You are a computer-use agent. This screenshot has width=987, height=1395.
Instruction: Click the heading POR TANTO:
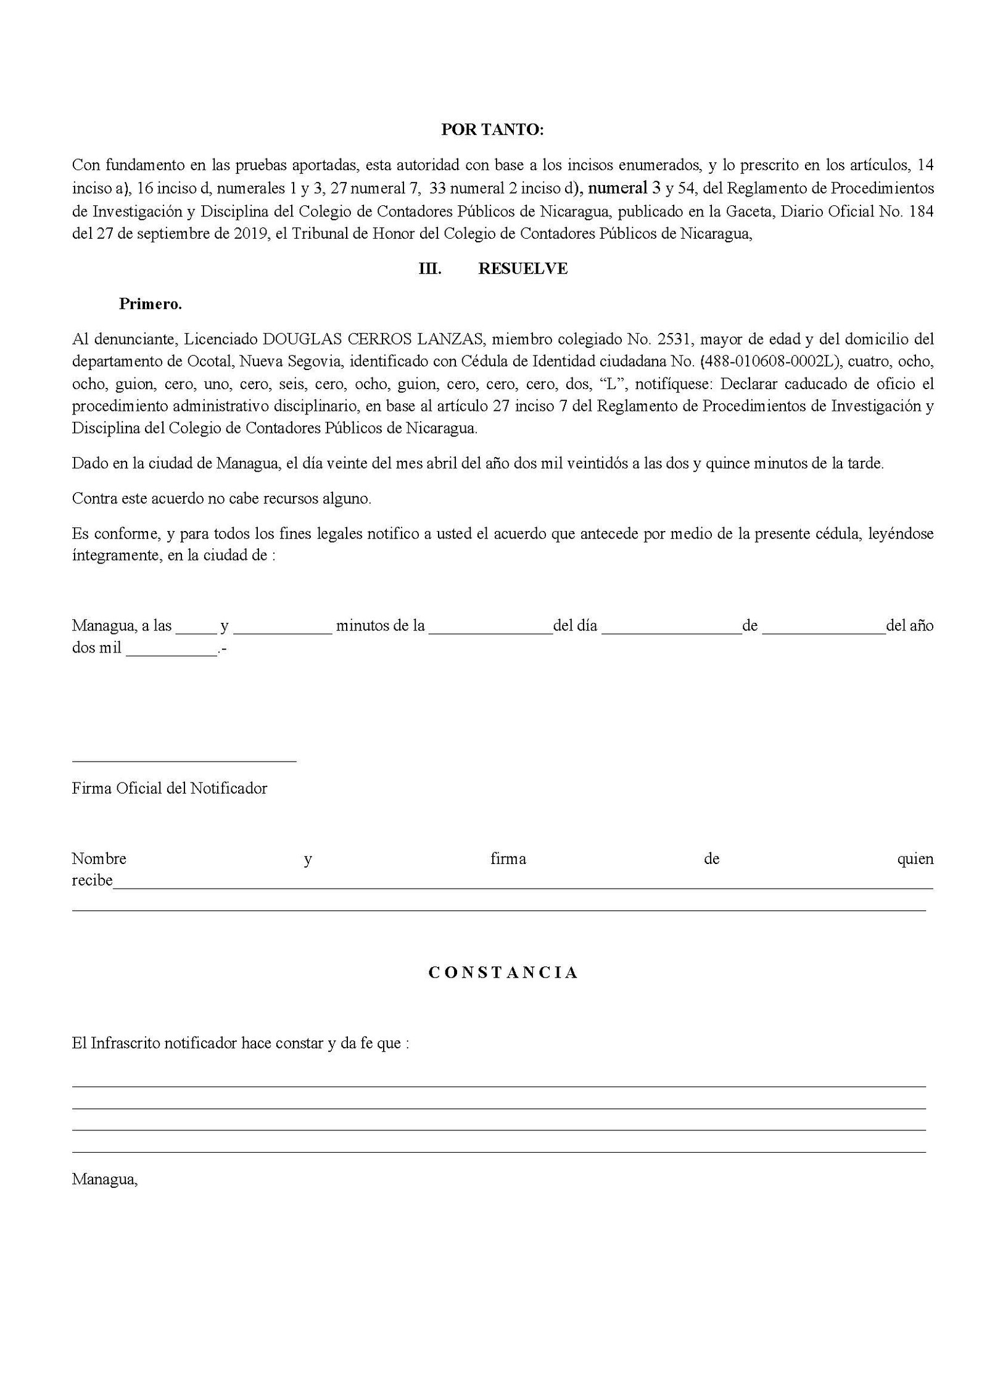(x=492, y=130)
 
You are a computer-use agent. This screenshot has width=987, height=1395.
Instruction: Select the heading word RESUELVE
(x=522, y=269)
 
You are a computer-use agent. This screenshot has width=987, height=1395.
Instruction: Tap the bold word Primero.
(x=151, y=304)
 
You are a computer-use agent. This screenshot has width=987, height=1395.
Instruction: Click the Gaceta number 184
(x=921, y=212)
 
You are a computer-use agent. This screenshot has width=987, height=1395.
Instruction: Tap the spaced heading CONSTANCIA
(x=503, y=973)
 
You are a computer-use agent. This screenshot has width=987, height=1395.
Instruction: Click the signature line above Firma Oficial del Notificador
(x=184, y=762)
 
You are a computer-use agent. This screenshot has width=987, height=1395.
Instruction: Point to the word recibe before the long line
(x=92, y=881)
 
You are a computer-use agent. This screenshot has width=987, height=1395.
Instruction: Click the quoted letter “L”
(x=612, y=384)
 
